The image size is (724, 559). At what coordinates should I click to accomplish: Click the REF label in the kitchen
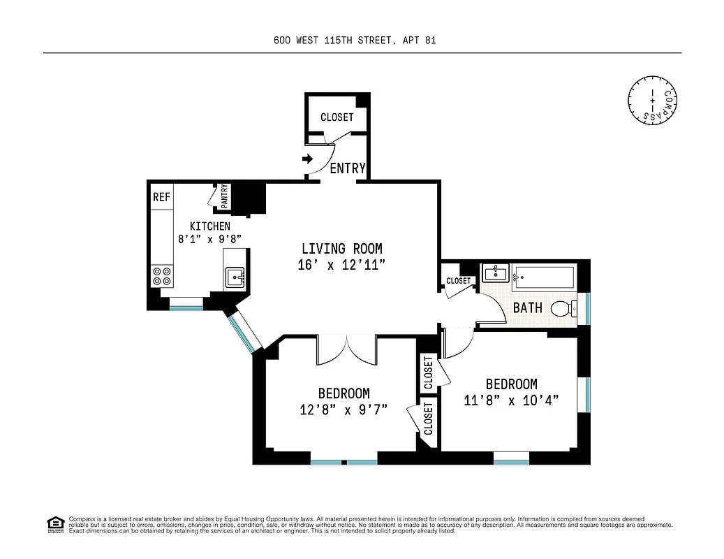click(x=161, y=197)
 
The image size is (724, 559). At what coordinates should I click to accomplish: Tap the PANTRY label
click(x=224, y=196)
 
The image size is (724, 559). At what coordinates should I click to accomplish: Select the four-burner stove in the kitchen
click(x=162, y=277)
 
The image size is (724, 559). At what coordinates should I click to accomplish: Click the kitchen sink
click(x=235, y=278)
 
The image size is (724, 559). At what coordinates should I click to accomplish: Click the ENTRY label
click(x=347, y=168)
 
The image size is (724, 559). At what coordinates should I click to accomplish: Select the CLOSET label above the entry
click(x=337, y=117)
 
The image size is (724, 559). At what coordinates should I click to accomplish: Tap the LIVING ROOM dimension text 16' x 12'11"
click(x=342, y=265)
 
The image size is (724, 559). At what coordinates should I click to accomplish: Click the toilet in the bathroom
click(x=564, y=307)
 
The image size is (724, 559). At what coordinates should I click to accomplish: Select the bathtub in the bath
click(x=543, y=277)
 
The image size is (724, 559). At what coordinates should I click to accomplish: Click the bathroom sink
click(x=495, y=273)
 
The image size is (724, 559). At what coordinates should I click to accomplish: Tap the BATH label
click(x=528, y=307)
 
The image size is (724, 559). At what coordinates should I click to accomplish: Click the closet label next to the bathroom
click(x=459, y=281)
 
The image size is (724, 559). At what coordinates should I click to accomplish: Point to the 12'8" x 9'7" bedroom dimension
click(x=343, y=409)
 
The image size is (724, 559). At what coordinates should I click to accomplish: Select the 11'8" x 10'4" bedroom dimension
click(x=512, y=400)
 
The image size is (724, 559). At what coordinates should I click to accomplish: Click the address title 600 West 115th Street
click(x=355, y=41)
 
